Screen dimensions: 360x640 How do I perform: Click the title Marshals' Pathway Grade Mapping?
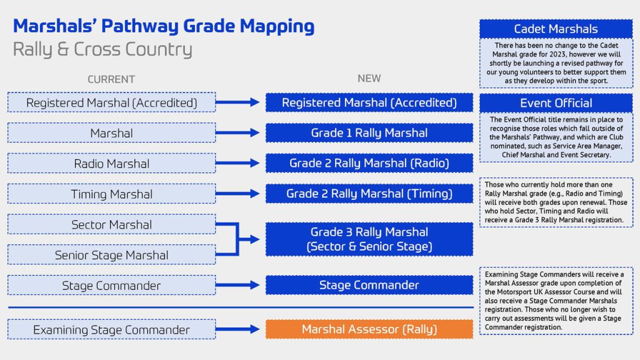pos(164,26)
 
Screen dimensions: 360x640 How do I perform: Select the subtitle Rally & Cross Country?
pos(102,49)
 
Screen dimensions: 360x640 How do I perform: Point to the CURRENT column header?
pos(111,79)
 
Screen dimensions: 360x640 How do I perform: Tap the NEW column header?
pos(369,79)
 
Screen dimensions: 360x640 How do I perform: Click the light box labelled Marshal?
pos(111,133)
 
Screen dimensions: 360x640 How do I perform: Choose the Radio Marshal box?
pos(111,164)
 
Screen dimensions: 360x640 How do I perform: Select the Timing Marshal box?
pos(111,194)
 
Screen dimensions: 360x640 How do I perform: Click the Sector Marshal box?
pos(111,224)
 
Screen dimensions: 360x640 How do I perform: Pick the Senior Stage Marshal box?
pos(111,255)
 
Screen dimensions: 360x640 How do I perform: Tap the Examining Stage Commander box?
pos(111,329)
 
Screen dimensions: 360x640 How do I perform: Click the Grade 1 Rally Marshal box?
pos(369,133)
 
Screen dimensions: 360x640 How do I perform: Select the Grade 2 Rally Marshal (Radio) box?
pos(369,163)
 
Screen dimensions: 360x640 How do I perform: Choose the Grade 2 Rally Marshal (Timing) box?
pos(369,194)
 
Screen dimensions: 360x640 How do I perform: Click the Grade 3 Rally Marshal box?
pos(369,239)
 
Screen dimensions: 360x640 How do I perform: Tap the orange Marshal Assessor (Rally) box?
pos(369,329)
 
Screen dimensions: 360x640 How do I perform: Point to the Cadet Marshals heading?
pos(556,29)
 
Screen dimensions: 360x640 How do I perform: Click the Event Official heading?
pos(556,103)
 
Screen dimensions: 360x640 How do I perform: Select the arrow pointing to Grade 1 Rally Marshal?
pos(240,133)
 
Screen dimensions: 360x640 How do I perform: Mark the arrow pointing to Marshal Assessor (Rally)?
pos(240,329)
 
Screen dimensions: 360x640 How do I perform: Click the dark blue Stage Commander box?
pos(369,285)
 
